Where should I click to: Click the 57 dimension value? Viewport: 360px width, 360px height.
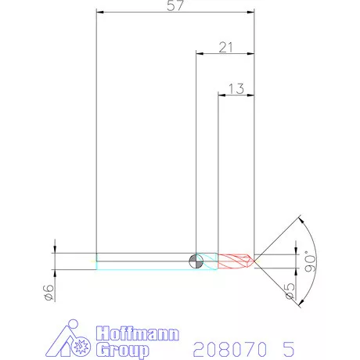pos(176,6)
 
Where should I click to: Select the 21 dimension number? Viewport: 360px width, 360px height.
pos(227,47)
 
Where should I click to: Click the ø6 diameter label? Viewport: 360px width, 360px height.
pos(48,293)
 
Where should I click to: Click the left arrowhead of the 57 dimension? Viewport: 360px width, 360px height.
pos(99,12)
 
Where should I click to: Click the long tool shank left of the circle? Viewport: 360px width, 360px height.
pos(145,261)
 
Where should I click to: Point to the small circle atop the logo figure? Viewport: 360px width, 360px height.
pos(73,323)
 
